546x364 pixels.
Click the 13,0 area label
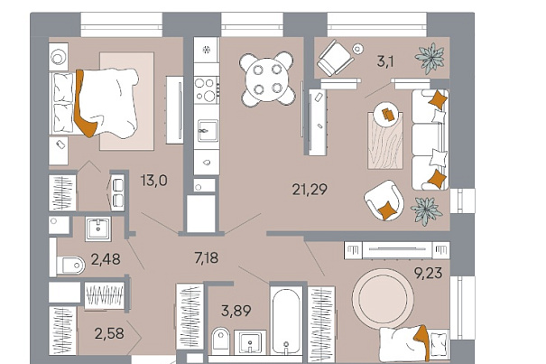(154, 181)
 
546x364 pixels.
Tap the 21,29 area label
(310, 190)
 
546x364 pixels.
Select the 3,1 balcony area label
(385, 61)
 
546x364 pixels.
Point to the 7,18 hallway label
(206, 258)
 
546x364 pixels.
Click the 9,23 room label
(428, 273)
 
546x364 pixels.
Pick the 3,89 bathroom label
(236, 311)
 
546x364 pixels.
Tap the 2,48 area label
(106, 259)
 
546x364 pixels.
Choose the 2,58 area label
(109, 333)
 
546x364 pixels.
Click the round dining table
(267, 79)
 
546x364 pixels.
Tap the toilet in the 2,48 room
(70, 266)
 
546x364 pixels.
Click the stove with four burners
(207, 89)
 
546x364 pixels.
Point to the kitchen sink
(208, 131)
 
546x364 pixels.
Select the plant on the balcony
(430, 58)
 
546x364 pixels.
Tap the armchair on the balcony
(335, 58)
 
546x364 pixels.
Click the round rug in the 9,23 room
(383, 298)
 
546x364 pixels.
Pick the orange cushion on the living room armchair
(386, 211)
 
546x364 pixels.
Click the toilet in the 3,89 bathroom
(220, 339)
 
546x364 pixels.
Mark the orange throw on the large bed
(84, 105)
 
